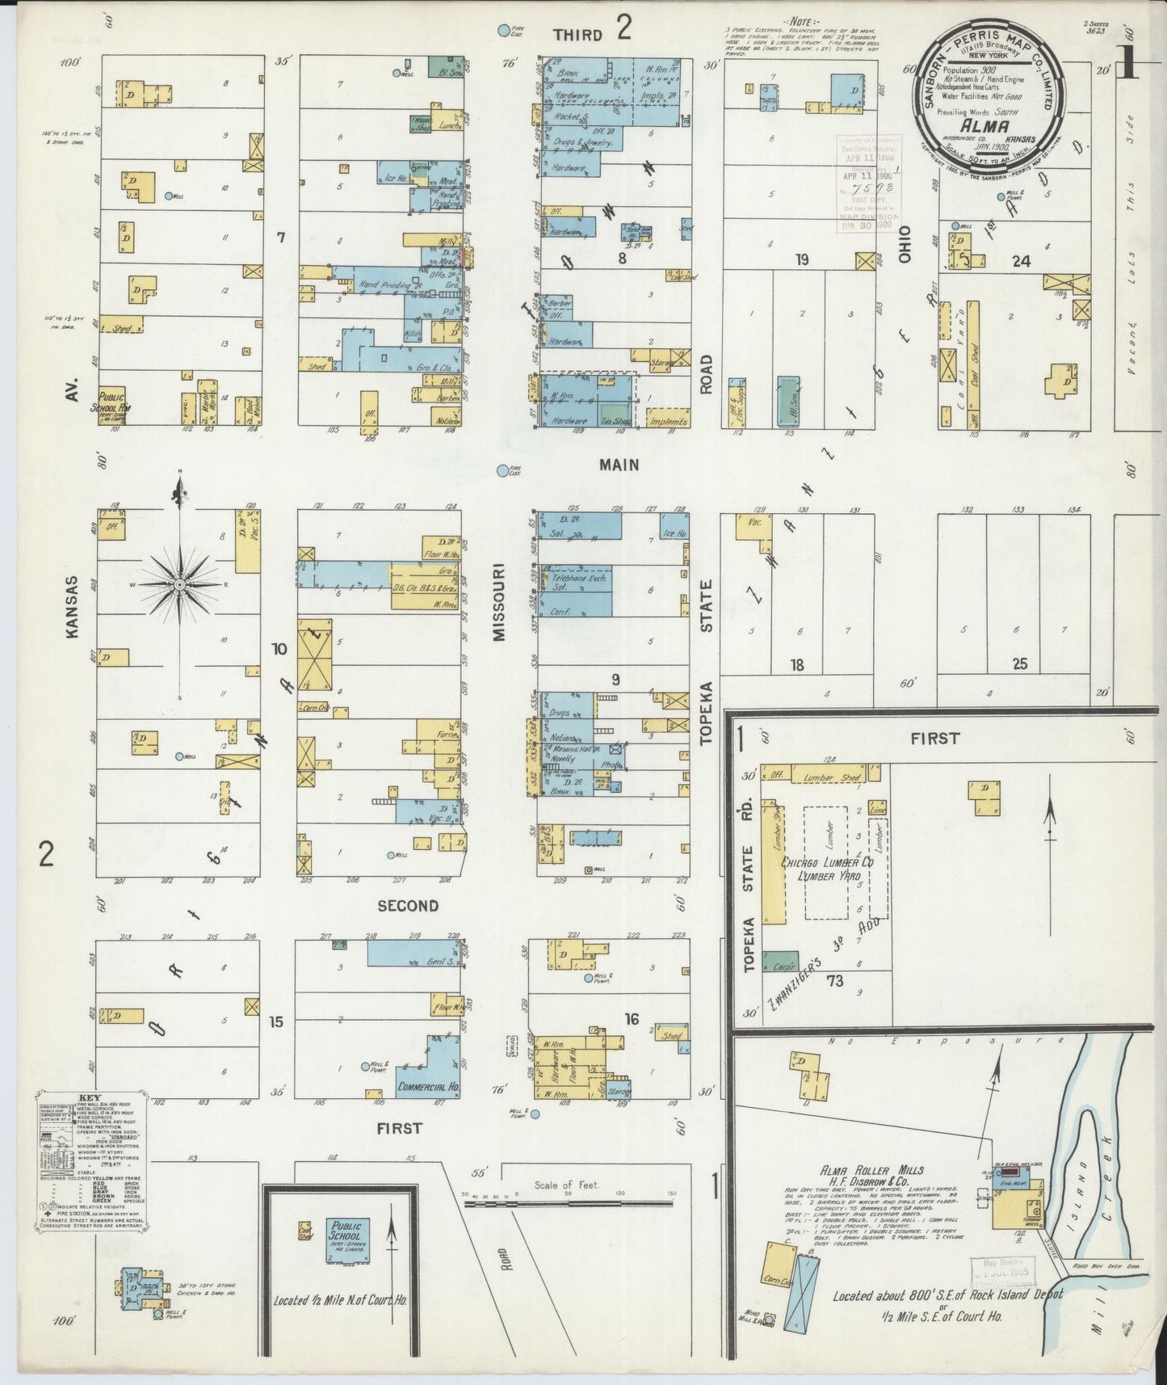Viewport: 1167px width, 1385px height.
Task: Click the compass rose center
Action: tap(179, 583)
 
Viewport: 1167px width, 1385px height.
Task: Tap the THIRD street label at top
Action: tap(577, 35)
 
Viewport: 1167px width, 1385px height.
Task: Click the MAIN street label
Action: tap(619, 465)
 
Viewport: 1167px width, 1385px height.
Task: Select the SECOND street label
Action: tap(408, 906)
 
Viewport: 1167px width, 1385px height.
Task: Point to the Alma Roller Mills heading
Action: tap(872, 1170)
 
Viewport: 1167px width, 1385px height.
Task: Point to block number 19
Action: tap(801, 259)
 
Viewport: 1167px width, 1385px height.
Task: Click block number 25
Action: tap(1020, 664)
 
